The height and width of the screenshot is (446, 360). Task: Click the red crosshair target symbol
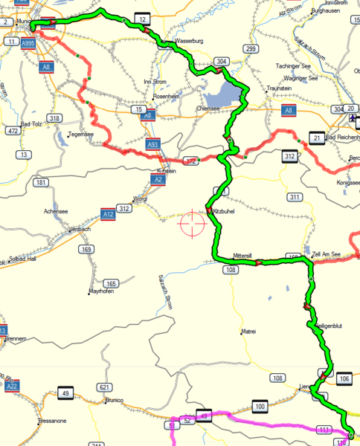pos(190,222)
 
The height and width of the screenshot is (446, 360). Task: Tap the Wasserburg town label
pos(187,41)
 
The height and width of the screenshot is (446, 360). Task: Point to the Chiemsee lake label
pos(208,108)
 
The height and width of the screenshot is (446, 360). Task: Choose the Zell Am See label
pos(327,253)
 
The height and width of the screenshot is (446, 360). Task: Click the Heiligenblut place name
pos(328,326)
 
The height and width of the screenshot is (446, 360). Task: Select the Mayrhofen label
pos(103,291)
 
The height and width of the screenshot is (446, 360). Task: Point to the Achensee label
pos(57,211)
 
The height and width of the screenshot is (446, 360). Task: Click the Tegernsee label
pos(81,135)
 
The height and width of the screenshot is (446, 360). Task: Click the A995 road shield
pos(28,44)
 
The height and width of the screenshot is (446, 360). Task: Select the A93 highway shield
pos(153,143)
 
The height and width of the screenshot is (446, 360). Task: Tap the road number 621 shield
pos(103,388)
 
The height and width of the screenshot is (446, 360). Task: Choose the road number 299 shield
pos(251,49)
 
